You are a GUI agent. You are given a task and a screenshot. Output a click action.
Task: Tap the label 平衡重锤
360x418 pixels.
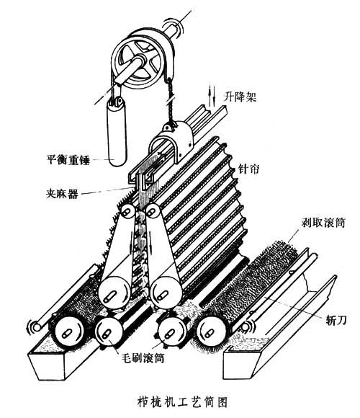[x=68, y=160]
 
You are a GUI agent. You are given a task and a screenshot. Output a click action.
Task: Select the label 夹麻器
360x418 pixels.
[x=63, y=194]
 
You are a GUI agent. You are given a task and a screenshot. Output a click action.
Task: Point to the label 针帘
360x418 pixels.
[x=248, y=169]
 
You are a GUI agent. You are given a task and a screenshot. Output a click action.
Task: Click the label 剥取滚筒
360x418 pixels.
[x=323, y=222]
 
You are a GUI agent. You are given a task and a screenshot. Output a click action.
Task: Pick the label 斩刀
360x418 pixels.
[x=336, y=320]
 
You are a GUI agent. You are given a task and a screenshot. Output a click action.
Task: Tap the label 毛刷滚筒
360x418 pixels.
[x=143, y=357]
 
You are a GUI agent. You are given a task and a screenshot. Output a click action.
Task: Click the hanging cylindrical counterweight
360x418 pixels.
[x=116, y=132]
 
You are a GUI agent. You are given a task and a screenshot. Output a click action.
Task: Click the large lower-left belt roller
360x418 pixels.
[x=114, y=293]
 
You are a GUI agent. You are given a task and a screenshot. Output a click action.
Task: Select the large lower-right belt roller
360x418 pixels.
[x=166, y=293]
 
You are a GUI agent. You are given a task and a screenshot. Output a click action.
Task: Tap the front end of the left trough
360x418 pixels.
[x=47, y=366]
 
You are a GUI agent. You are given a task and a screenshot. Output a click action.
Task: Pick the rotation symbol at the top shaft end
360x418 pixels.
[x=174, y=26]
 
